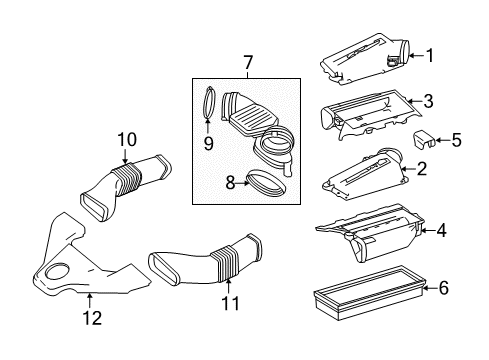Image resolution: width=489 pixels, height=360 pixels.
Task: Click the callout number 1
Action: [x=430, y=55]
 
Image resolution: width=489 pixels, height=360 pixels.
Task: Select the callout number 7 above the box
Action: [x=248, y=62]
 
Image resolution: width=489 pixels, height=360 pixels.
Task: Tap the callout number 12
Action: [x=92, y=318]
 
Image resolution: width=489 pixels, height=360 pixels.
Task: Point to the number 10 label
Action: [x=127, y=140]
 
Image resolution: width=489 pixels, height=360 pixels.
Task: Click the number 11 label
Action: [x=230, y=303]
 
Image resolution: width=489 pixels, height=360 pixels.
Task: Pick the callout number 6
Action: [x=444, y=288]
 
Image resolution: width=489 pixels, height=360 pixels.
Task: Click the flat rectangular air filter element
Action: [x=369, y=292]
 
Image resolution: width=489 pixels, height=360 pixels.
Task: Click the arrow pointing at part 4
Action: [x=428, y=230]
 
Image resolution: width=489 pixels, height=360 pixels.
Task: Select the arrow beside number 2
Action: [x=409, y=169]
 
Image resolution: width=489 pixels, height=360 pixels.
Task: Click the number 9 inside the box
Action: [x=208, y=144]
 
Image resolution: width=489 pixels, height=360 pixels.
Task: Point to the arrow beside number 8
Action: [x=243, y=183]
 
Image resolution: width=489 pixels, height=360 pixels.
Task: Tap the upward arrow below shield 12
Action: [x=89, y=300]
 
